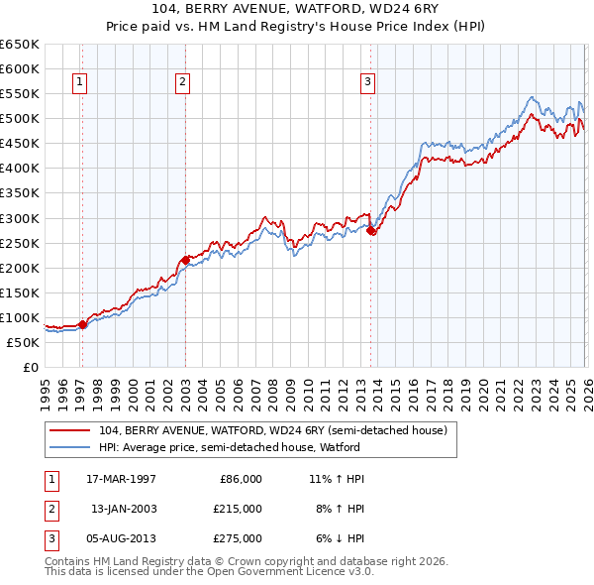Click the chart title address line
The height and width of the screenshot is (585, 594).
click(x=297, y=9)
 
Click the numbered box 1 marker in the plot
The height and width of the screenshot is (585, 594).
click(x=79, y=82)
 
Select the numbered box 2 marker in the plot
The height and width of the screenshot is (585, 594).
click(x=183, y=82)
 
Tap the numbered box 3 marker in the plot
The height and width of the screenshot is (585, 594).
click(x=367, y=82)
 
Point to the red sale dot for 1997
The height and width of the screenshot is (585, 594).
click(x=83, y=324)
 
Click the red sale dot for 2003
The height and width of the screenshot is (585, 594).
click(x=186, y=260)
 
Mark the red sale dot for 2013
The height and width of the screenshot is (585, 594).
click(x=371, y=230)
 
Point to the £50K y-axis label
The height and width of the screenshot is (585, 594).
click(x=24, y=343)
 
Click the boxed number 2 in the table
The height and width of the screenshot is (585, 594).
click(x=49, y=509)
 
